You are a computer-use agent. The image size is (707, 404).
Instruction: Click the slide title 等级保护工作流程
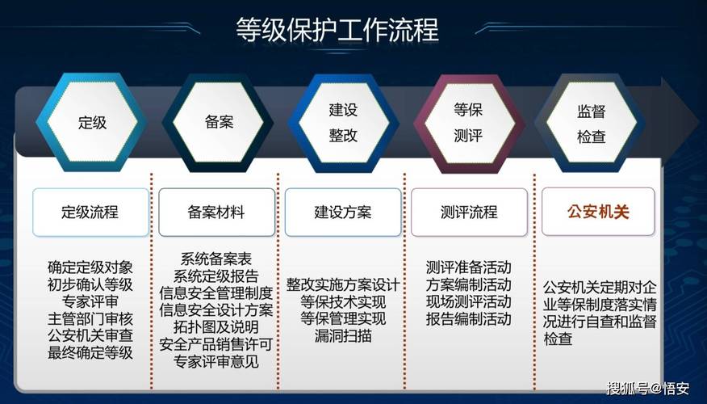(337, 31)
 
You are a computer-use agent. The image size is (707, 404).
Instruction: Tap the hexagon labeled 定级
(92, 123)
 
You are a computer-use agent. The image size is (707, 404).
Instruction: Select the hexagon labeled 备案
(218, 123)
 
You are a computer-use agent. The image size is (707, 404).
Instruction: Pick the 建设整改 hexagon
(343, 123)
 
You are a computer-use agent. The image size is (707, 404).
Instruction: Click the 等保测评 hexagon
(468, 123)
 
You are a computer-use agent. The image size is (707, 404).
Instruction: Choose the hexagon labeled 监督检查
(592, 123)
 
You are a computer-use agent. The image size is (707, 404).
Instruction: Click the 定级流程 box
(90, 213)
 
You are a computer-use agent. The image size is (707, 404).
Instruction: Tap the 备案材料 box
(216, 213)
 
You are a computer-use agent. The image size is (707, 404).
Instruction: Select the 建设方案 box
(342, 213)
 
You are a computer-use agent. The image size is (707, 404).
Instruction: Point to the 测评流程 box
(469, 213)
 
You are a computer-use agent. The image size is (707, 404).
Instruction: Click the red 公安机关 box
(598, 213)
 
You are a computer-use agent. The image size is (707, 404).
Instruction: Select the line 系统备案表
(216, 259)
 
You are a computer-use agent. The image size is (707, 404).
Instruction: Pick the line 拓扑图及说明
(216, 327)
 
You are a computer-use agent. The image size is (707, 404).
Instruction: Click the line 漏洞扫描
(343, 335)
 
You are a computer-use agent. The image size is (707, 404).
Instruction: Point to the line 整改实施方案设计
(343, 284)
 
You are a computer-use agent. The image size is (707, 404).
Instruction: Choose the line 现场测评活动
(469, 301)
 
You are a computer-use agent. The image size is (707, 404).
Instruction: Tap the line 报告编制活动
(469, 318)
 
